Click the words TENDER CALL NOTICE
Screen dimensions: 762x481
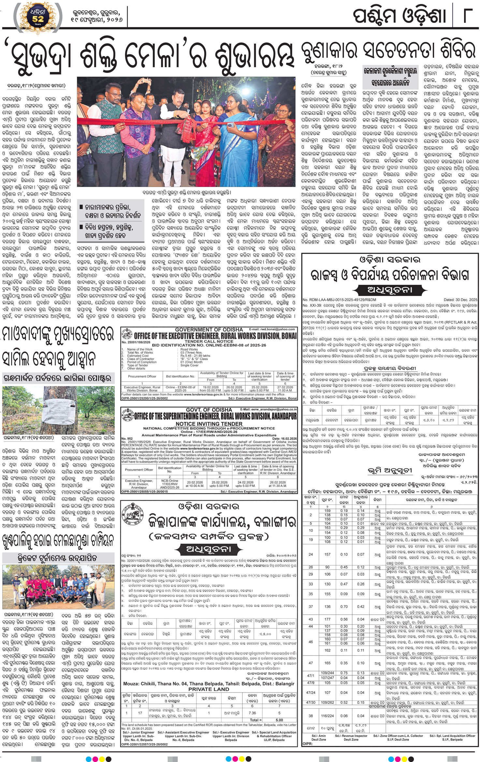[209, 341]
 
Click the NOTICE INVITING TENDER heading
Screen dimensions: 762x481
[209, 424]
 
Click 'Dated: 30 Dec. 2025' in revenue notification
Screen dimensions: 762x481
[460, 300]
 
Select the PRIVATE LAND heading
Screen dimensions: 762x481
[209, 689]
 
